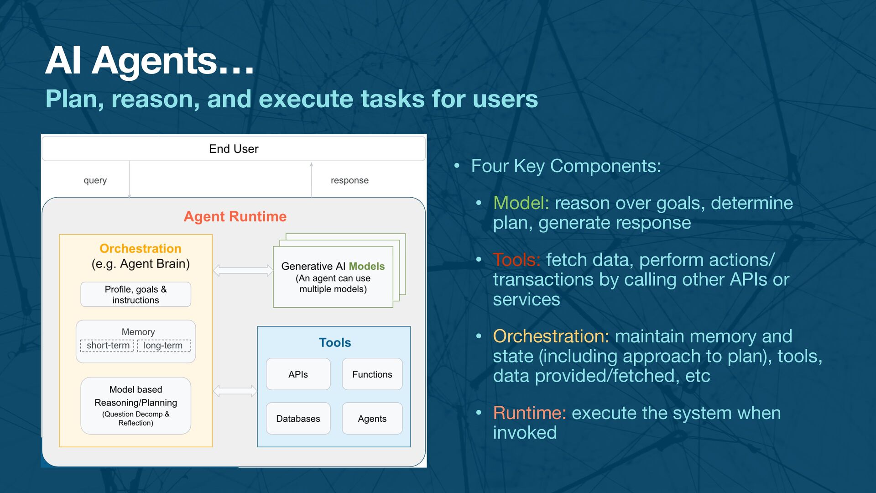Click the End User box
[234, 149]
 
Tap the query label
[95, 180]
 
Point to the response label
[349, 180]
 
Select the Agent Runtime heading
[235, 216]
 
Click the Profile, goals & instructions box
[136, 294]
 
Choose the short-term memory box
[108, 346]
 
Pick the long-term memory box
[163, 346]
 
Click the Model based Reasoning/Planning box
[136, 405]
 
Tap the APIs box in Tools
[298, 374]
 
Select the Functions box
[372, 374]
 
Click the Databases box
[298, 419]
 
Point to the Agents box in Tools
[372, 419]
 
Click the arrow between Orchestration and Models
[243, 270]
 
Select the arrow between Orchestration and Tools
[235, 391]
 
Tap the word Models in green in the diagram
[366, 266]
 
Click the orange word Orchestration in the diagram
[141, 248]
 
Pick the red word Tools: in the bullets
[516, 260]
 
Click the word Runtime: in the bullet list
[529, 413]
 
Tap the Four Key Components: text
[566, 166]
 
